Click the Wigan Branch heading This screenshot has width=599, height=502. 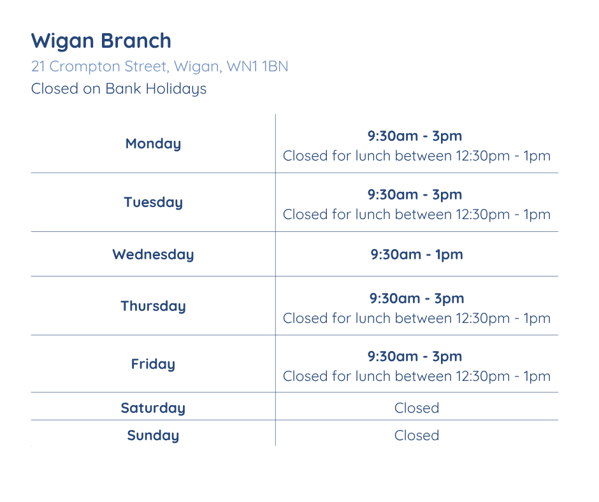click(x=101, y=41)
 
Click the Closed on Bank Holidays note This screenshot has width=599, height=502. click(x=119, y=89)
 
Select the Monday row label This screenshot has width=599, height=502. click(x=153, y=143)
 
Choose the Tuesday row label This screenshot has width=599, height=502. click(x=153, y=202)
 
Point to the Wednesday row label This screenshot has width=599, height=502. click(x=153, y=254)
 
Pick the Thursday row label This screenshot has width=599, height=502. click(x=153, y=306)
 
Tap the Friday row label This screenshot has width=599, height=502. click(x=153, y=364)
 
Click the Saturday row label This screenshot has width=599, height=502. click(x=153, y=408)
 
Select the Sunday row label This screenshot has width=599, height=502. click(x=153, y=435)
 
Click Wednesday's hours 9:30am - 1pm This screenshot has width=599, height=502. click(x=417, y=254)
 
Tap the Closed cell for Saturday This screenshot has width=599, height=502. click(x=417, y=408)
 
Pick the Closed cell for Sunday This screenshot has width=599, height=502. click(x=417, y=435)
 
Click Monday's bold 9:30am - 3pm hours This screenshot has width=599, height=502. click(x=415, y=136)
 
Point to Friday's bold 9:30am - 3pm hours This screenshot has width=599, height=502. click(x=415, y=356)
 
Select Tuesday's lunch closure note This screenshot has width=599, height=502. click(x=417, y=214)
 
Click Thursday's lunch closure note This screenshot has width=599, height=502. click(x=417, y=318)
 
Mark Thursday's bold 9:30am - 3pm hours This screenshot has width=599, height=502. click(x=417, y=298)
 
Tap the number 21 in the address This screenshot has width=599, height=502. click(x=38, y=66)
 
